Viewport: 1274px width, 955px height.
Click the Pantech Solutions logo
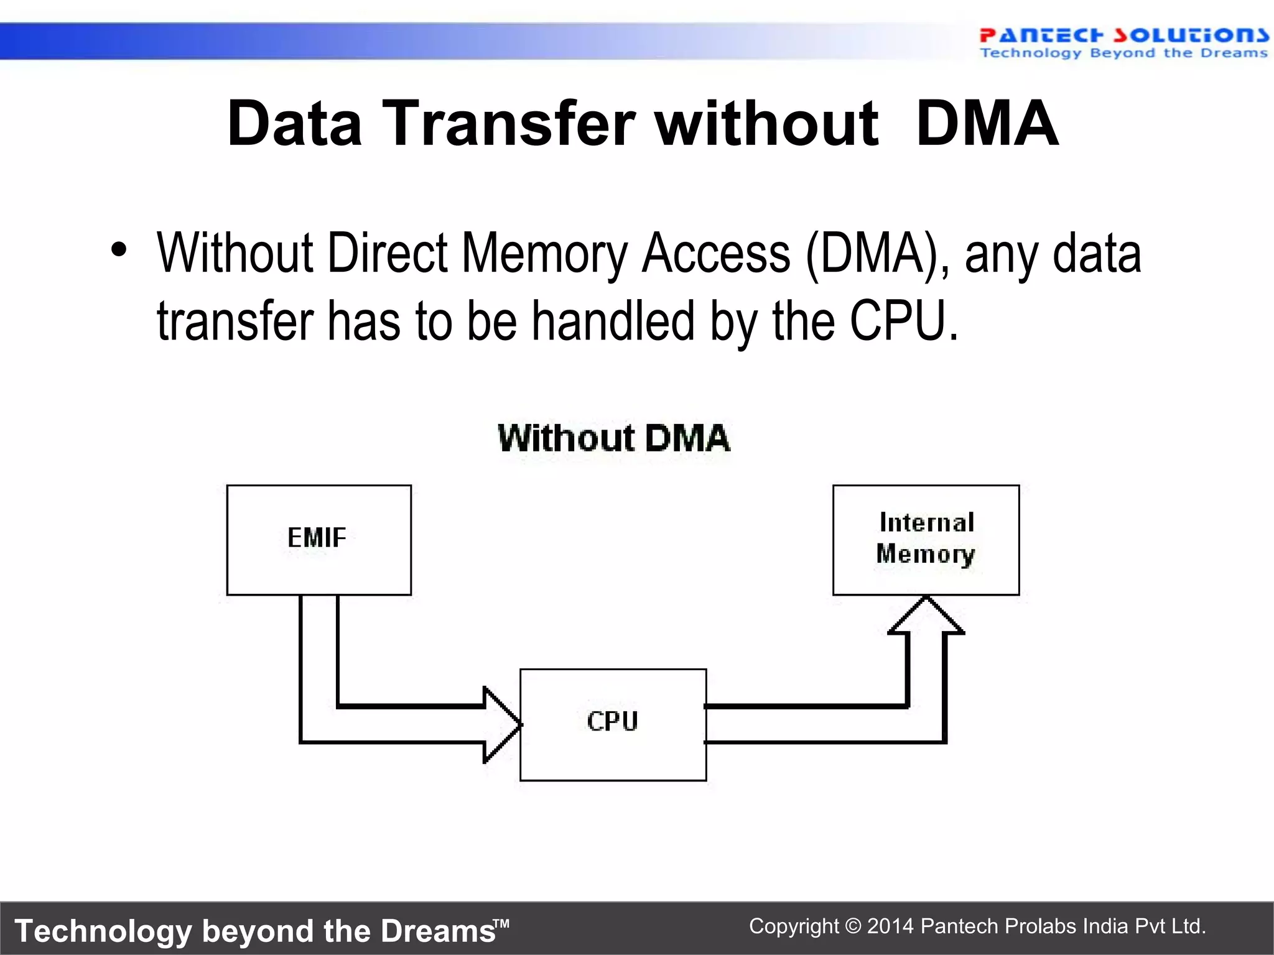(x=1123, y=42)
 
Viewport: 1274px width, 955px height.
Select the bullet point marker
(x=118, y=251)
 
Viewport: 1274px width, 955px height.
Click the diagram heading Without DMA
(x=613, y=438)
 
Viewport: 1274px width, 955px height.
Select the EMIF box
(x=318, y=540)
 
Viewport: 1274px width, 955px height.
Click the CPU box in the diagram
(x=613, y=724)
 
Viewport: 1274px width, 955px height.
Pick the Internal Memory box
(x=926, y=540)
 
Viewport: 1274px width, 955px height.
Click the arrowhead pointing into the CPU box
(x=501, y=724)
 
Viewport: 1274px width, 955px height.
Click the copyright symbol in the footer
(x=853, y=926)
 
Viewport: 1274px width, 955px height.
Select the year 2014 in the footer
(x=890, y=926)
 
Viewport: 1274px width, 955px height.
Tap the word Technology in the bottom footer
(x=103, y=931)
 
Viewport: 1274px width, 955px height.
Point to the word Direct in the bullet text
(x=387, y=254)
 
